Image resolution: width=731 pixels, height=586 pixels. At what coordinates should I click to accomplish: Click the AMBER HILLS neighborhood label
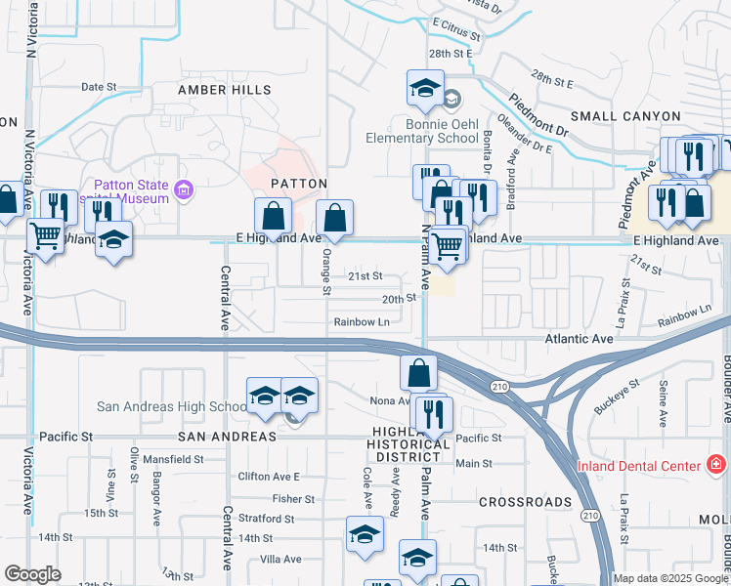[225, 90]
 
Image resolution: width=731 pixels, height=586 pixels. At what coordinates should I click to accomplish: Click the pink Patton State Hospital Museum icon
[181, 188]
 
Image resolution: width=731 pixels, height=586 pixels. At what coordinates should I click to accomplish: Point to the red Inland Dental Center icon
[716, 463]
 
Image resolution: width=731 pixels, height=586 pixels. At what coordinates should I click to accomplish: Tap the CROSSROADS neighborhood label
[525, 502]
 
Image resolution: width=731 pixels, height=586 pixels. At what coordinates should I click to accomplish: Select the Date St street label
[99, 87]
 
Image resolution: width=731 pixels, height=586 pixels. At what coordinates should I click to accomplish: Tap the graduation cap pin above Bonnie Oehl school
[425, 88]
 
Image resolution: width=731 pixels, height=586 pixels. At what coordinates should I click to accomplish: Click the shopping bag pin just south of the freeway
[418, 372]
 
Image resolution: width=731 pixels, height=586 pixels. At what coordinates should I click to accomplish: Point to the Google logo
[32, 574]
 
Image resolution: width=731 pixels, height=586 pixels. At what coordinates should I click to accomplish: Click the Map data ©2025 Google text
[670, 578]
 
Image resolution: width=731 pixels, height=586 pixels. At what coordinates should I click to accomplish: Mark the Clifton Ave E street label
[270, 477]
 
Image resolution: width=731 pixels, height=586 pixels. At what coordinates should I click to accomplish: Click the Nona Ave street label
[390, 400]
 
